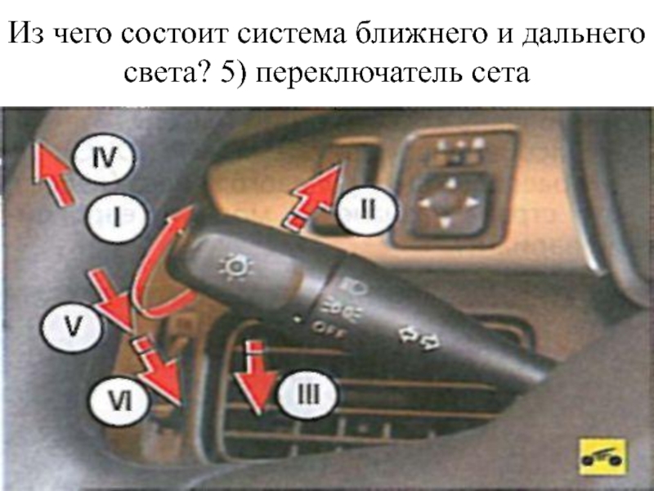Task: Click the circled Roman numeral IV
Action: click(x=104, y=158)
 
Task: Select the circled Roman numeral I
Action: click(x=117, y=218)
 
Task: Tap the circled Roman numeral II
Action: click(x=366, y=209)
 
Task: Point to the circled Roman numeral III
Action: click(x=308, y=394)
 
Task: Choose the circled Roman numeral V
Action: click(x=71, y=327)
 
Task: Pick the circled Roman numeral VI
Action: click(x=120, y=402)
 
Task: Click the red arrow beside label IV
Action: click(x=52, y=174)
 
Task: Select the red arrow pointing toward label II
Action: click(x=314, y=196)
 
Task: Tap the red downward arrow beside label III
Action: click(x=256, y=378)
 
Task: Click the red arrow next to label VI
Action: click(x=158, y=371)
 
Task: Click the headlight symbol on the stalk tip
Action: click(x=236, y=267)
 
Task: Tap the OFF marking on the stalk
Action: click(x=329, y=330)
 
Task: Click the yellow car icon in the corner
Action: click(x=602, y=457)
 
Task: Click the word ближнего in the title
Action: click(x=421, y=34)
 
